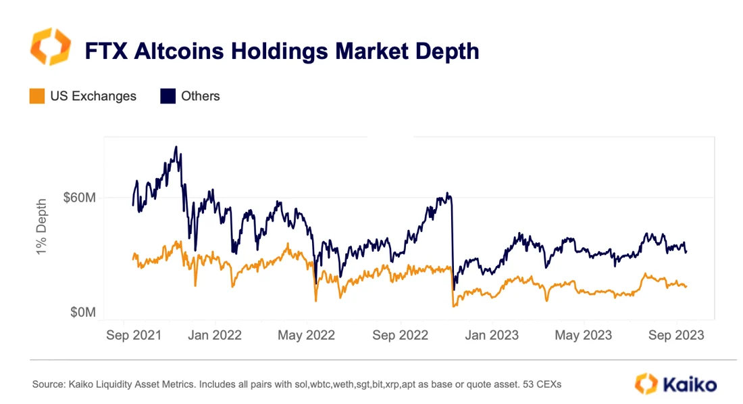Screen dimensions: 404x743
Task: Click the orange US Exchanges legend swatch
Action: [38, 96]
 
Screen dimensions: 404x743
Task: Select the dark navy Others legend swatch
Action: [168, 96]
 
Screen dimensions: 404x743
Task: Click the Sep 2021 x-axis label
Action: [133, 335]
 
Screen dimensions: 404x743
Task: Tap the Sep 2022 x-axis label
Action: [400, 335]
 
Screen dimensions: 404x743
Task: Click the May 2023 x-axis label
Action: [583, 335]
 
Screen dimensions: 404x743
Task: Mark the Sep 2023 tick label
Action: [675, 335]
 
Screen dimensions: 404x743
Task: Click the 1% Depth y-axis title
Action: [41, 226]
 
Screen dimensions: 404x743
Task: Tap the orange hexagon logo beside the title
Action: [50, 46]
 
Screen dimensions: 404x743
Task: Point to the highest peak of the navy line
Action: [176, 146]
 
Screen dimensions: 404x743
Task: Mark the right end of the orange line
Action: [686, 287]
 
